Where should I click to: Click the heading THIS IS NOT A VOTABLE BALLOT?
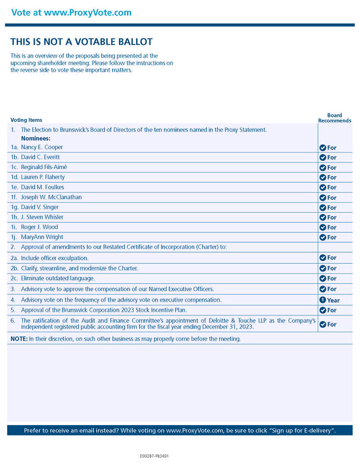[x=81, y=42]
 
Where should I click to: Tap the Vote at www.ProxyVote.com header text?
[x=71, y=12]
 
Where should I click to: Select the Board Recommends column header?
[x=334, y=118]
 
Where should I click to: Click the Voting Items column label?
[x=26, y=120]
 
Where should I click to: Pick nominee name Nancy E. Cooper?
[x=42, y=147]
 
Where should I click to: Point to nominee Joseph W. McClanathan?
[x=51, y=197]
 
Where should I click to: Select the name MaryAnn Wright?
[x=42, y=237]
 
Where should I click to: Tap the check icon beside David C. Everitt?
[x=322, y=158]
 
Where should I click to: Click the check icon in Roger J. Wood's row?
[x=322, y=227]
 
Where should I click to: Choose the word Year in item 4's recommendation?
[x=333, y=300]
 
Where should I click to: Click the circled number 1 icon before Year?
[x=322, y=300]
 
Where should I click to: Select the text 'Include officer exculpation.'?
[x=54, y=258]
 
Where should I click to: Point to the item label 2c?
[x=14, y=278]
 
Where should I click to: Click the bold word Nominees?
[x=36, y=139]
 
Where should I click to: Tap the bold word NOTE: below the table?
[x=19, y=339]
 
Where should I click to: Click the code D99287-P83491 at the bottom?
[x=154, y=456]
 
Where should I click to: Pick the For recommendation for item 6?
[x=332, y=324]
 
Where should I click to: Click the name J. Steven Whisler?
[x=42, y=217]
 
